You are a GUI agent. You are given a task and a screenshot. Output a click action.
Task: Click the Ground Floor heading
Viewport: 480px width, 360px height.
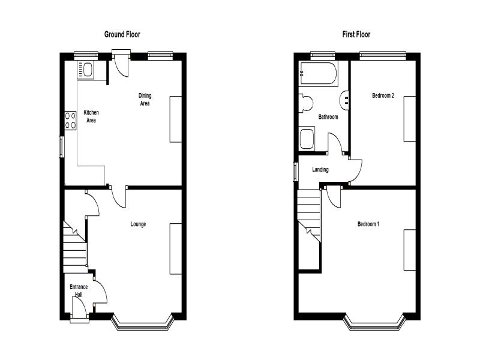tap(122, 34)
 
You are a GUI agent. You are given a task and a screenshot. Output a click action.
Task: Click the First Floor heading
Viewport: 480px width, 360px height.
tap(356, 34)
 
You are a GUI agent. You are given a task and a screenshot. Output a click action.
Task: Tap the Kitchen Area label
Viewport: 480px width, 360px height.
tap(91, 116)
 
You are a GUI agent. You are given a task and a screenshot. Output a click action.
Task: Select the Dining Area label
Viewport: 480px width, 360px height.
tap(145, 100)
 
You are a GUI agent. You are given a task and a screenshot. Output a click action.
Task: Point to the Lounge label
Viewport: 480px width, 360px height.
tap(138, 224)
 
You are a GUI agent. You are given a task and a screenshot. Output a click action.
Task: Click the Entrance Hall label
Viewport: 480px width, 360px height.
tap(79, 291)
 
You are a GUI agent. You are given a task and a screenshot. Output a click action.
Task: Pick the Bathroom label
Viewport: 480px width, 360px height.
tap(328, 116)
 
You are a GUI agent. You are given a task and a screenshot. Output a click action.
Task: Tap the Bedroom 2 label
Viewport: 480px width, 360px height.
tap(383, 95)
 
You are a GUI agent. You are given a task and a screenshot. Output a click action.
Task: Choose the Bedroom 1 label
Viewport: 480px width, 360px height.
tap(368, 224)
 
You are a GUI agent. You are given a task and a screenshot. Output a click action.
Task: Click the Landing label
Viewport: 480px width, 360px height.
tap(320, 169)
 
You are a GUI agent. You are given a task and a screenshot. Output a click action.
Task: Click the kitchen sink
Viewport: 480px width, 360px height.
tap(85, 70)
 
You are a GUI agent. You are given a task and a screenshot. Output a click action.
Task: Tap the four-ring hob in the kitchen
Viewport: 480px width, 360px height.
tap(70, 121)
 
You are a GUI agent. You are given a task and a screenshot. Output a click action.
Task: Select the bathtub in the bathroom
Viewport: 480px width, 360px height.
tap(319, 73)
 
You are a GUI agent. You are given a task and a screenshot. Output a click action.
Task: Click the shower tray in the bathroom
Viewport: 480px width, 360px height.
tap(307, 139)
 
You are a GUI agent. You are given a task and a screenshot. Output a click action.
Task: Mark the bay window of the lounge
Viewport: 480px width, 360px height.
tap(143, 323)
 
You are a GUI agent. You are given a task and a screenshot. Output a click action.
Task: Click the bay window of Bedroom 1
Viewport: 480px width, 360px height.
tap(374, 323)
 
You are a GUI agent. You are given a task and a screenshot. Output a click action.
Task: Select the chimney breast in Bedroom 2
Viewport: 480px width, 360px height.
tap(410, 119)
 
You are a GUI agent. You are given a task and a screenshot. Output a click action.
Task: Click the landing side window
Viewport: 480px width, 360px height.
tap(295, 172)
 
